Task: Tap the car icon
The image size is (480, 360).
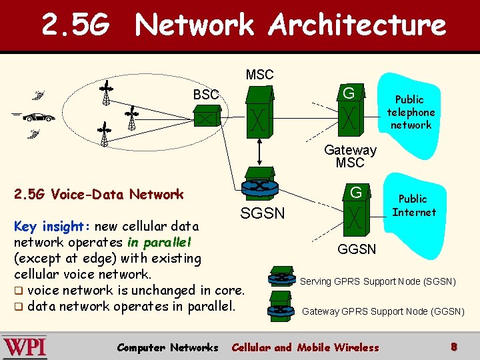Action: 39,117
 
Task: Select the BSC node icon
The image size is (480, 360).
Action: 207,115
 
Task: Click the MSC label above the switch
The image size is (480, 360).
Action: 259,75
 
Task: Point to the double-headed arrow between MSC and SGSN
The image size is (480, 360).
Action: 259,152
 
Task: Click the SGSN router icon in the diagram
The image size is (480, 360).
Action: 260,184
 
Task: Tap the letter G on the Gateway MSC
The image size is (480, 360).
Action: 349,93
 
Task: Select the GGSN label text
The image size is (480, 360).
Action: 357,249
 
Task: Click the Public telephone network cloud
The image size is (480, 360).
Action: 409,115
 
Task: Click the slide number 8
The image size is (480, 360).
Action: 454,347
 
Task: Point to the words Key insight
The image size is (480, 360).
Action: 52,227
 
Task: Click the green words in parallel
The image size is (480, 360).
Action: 159,243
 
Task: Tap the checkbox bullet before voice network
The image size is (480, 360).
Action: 19,291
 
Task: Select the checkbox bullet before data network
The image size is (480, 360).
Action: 19,307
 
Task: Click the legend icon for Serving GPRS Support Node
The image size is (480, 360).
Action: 281,277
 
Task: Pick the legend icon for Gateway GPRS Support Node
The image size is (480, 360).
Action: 281,307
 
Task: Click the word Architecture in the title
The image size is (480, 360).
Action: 357,25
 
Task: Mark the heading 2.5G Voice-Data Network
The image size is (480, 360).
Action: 99,195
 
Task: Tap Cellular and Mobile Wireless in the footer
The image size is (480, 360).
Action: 305,348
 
